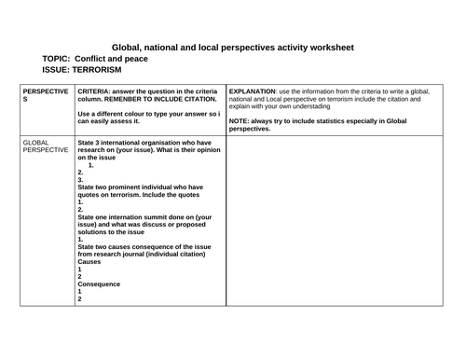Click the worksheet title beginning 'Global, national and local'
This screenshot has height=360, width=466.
point(233,46)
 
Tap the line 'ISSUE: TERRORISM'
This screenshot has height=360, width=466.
point(83,69)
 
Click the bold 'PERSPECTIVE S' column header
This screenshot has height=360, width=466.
point(45,99)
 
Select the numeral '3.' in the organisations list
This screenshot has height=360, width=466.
point(81,179)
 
